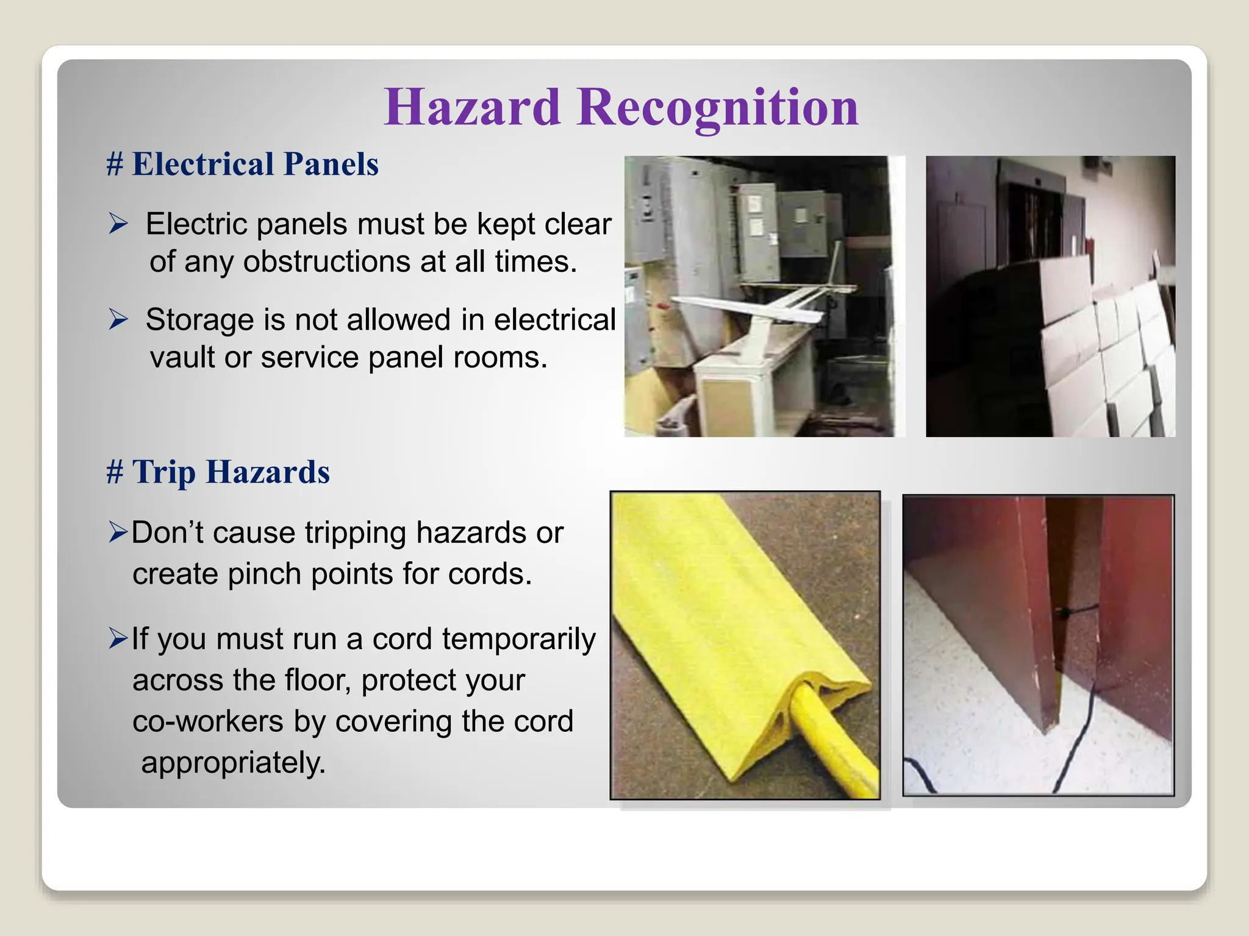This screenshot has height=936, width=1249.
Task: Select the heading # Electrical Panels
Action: pyautogui.click(x=243, y=164)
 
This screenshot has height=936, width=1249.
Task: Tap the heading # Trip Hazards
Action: pyautogui.click(x=218, y=472)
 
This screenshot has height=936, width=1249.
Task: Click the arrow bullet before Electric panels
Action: pyautogui.click(x=118, y=224)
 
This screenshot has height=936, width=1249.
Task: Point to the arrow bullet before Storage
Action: pyautogui.click(x=118, y=319)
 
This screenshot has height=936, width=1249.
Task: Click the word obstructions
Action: pyautogui.click(x=326, y=262)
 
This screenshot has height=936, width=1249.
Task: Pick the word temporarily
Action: pyautogui.click(x=518, y=639)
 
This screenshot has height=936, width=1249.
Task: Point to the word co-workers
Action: pyautogui.click(x=208, y=721)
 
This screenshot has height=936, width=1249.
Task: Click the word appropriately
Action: pyautogui.click(x=233, y=763)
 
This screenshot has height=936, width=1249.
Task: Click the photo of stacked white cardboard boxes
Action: pyautogui.click(x=1050, y=296)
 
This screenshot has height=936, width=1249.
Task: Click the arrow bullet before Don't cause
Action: pyautogui.click(x=118, y=532)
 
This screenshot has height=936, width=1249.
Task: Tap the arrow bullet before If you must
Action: pyautogui.click(x=118, y=639)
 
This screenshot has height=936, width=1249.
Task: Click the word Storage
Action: pyautogui.click(x=199, y=319)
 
